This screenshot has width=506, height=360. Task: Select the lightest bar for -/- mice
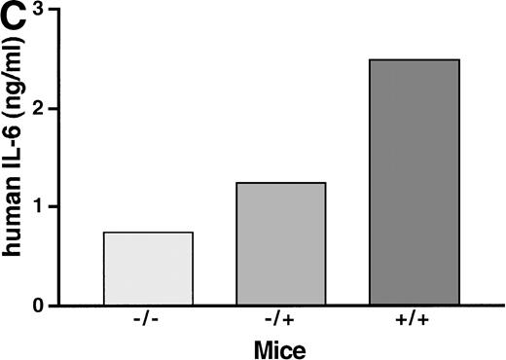pyautogui.click(x=148, y=269)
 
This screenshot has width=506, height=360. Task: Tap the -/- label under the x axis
pyautogui.click(x=148, y=320)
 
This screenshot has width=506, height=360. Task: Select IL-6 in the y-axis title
pyautogui.click(x=18, y=171)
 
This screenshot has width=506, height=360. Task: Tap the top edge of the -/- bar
pyautogui.click(x=148, y=233)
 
